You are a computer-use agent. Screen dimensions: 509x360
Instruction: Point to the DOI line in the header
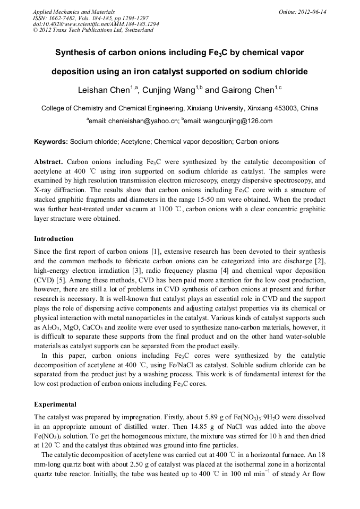pos(96,24)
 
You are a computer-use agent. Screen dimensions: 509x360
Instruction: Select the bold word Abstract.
pos(48,161)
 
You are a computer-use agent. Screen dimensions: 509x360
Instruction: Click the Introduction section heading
pos(54,239)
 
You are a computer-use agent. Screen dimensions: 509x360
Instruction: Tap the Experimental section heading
pos(55,404)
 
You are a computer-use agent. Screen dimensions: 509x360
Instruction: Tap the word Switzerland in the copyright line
pos(137,31)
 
